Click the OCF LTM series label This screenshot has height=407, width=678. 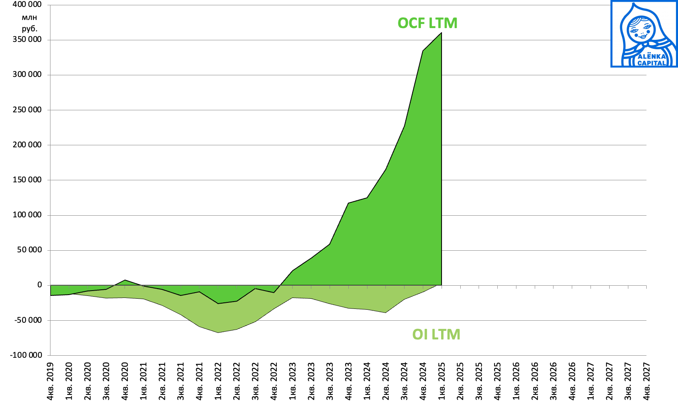click(427, 23)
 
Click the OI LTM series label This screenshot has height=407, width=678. click(436, 335)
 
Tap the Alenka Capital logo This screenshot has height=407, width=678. click(644, 34)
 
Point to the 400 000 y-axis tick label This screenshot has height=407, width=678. click(27, 4)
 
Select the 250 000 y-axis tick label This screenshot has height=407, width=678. click(27, 110)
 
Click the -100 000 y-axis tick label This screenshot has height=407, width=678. click(26, 355)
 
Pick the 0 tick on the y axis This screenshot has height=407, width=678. click(39, 285)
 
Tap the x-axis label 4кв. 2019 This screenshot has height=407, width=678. click(50, 381)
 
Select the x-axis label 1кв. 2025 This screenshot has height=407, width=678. click(442, 381)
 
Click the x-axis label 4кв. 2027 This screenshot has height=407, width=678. click(647, 381)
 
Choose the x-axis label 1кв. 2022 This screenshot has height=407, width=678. click(218, 381)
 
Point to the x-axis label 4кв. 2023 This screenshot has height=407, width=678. click(349, 381)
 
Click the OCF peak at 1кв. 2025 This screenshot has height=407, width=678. click(442, 33)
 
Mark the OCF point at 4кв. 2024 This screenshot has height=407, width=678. click(423, 51)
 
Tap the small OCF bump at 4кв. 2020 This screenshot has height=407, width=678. click(125, 280)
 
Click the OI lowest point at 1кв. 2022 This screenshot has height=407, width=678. click(218, 333)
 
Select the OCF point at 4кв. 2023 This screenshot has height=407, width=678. click(349, 203)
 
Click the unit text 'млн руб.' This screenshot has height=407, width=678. click(29, 23)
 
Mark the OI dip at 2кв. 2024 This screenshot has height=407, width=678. click(386, 313)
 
